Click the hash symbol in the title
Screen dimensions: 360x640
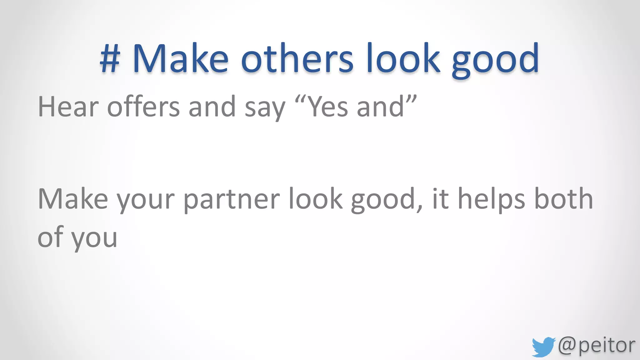coord(110,59)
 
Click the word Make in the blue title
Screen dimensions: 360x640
coord(181,59)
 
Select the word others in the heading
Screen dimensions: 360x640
coord(297,59)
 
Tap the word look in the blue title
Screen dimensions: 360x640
coord(403,59)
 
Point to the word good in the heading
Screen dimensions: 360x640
coord(495,61)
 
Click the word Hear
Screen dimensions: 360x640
coord(68,107)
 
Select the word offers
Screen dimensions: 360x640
coord(143,107)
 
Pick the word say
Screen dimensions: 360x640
coord(265,109)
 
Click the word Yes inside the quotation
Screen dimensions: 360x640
coord(328,107)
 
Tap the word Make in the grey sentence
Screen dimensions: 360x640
coord(73,199)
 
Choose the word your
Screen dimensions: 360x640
coord(146,202)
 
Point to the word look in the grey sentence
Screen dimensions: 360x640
coord(315,199)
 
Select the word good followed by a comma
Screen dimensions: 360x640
coord(386,202)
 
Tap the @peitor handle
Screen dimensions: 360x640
coord(597,346)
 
